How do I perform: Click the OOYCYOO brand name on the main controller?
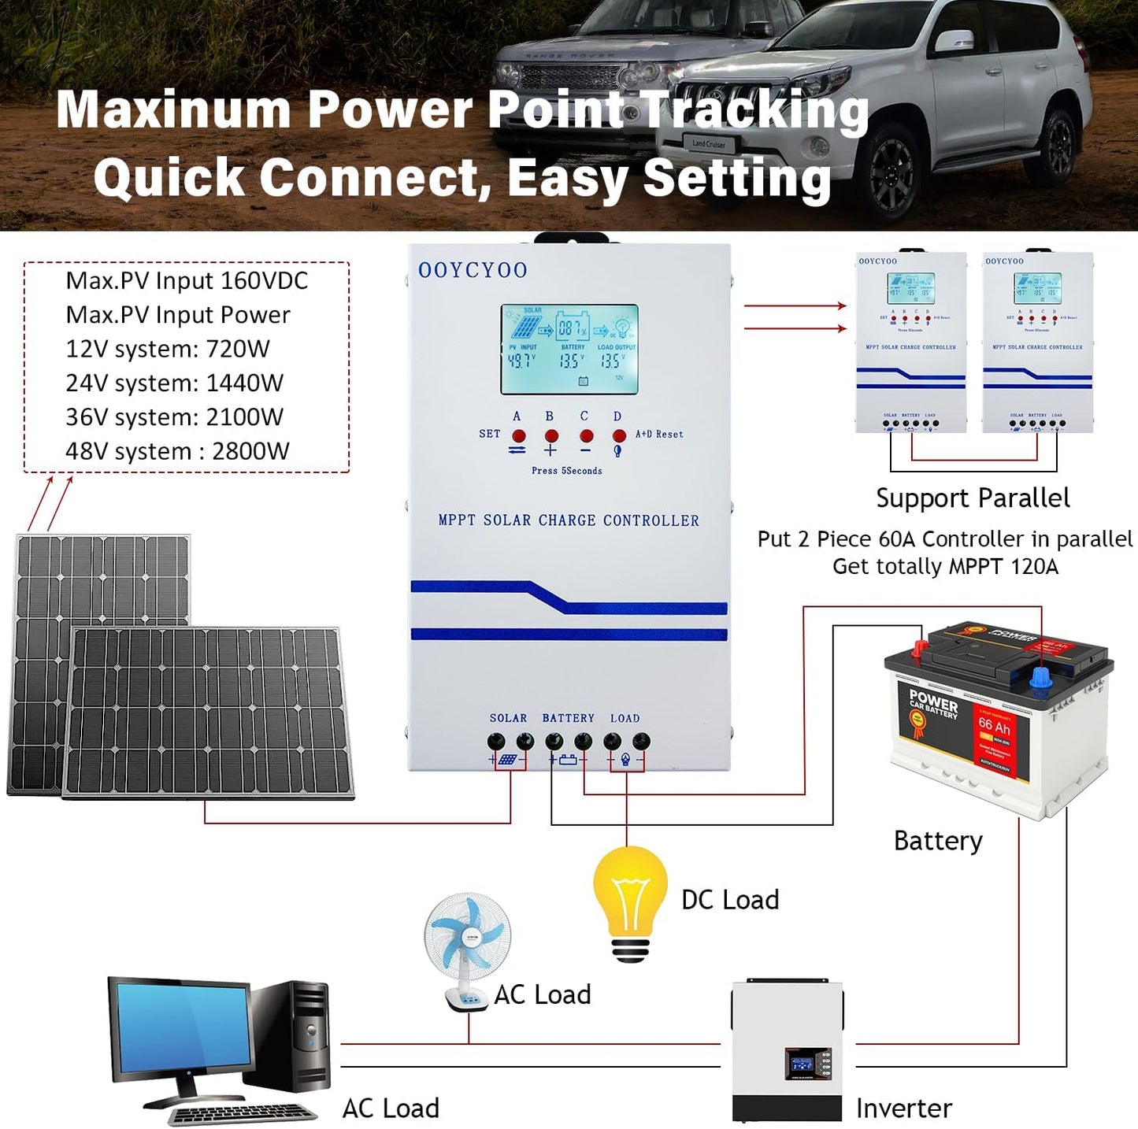point(473,270)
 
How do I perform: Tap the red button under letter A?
point(518,435)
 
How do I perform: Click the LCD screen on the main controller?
point(569,349)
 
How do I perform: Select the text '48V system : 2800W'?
point(177,451)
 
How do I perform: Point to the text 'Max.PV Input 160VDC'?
point(187,280)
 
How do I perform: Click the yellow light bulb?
point(630,890)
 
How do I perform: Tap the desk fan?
point(467,945)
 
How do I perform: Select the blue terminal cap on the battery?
point(1040,678)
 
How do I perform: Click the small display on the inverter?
point(808,1063)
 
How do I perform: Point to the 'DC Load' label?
point(730,900)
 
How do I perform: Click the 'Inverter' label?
point(904,1109)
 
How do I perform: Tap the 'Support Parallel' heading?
point(973,498)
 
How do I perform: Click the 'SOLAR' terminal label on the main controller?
point(508,718)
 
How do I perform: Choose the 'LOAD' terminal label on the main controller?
point(625,718)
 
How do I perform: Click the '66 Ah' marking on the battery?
point(994,725)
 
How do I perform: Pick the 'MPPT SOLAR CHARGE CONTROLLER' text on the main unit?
point(569,520)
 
